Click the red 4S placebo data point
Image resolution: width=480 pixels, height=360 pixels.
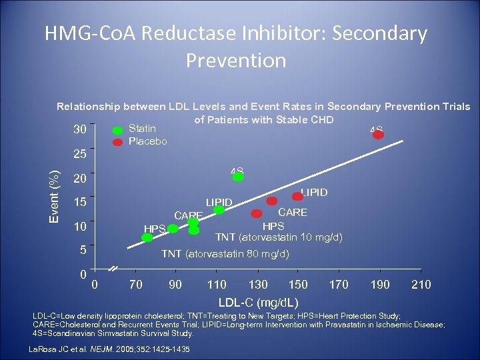379,135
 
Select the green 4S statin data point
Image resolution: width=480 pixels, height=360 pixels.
238,177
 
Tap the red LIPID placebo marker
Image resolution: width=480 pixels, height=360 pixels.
298,197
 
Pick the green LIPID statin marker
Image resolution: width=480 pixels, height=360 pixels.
219,210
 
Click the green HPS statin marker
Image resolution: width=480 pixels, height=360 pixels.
173,229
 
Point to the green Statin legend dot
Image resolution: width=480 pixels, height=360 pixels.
117,130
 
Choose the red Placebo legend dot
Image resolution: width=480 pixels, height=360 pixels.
117,141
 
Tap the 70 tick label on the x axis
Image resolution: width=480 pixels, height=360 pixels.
136,285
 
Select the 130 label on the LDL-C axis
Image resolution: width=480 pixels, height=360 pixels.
258,285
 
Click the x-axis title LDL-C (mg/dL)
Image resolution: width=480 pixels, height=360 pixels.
259,302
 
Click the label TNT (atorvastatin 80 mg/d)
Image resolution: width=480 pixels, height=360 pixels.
225,254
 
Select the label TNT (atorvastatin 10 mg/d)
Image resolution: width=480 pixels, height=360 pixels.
279,238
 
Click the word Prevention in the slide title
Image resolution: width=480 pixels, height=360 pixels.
236,61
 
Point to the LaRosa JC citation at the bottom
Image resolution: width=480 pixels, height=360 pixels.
110,349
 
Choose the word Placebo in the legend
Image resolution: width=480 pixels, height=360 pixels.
148,141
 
